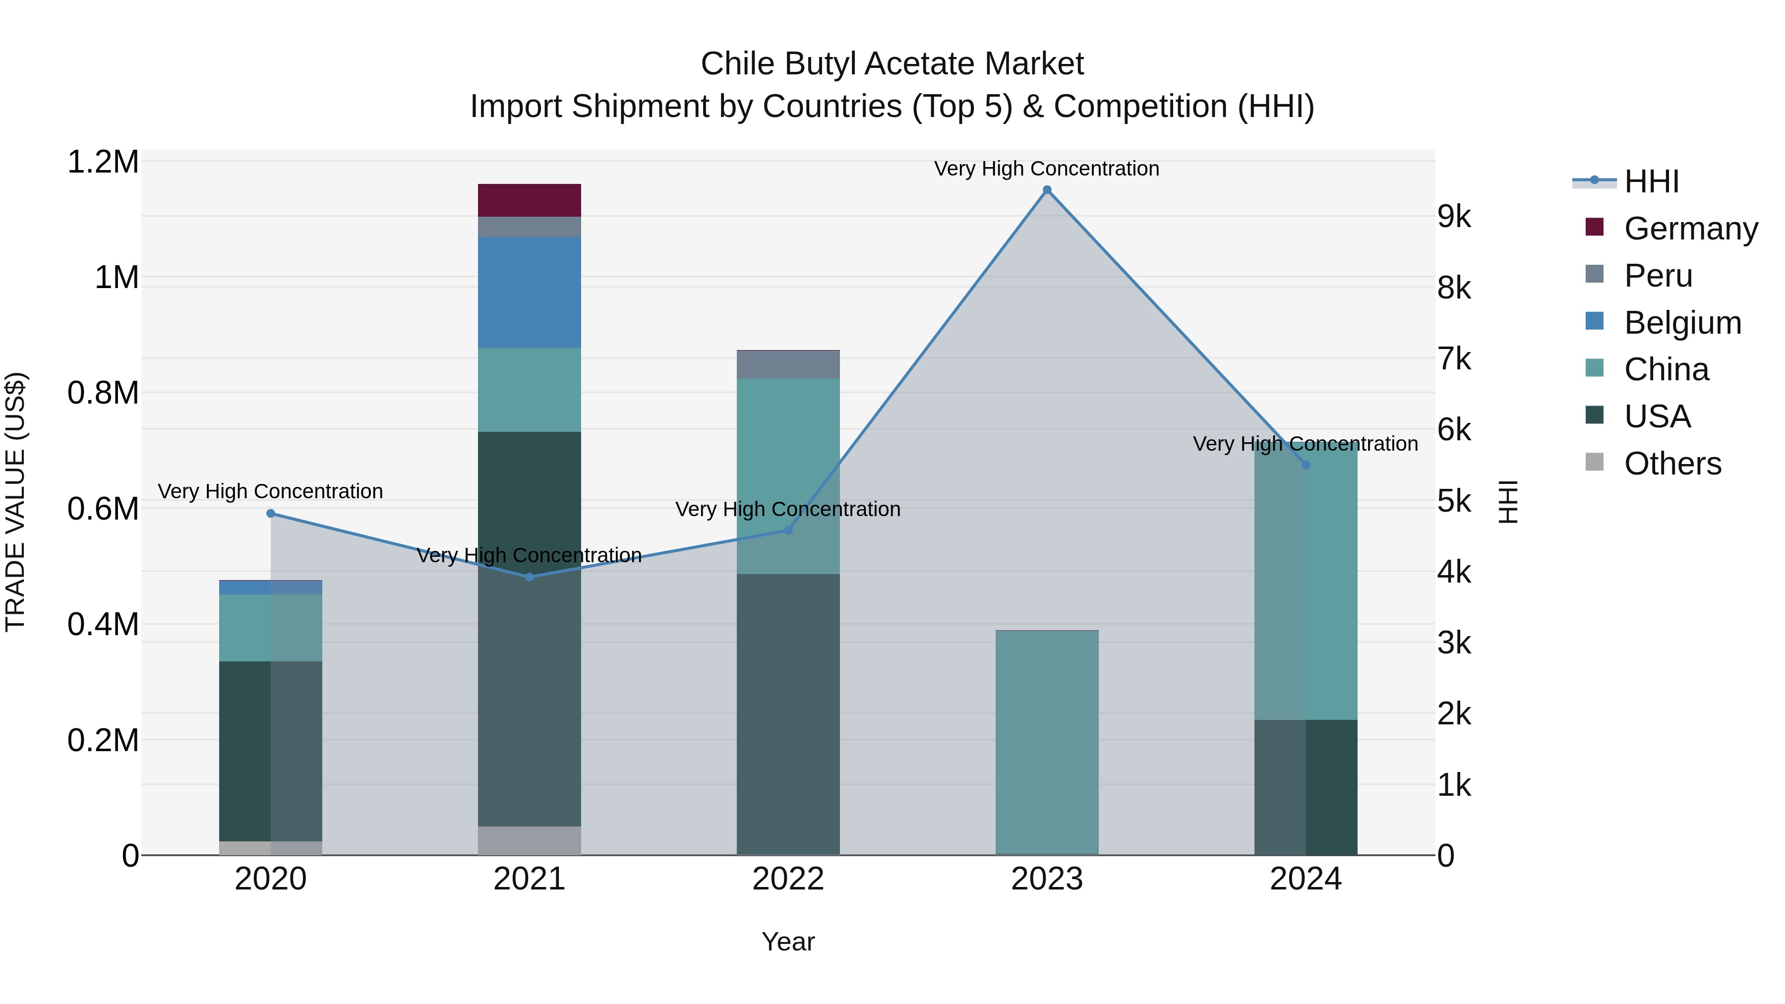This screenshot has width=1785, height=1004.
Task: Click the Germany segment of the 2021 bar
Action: tap(530, 200)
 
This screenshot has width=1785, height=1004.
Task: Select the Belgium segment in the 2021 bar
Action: tap(530, 293)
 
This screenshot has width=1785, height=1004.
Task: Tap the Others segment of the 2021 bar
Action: tap(530, 840)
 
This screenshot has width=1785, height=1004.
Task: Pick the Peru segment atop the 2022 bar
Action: tap(788, 364)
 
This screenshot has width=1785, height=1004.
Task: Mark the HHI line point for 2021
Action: tap(530, 577)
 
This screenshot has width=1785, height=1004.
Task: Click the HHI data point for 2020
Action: tap(271, 514)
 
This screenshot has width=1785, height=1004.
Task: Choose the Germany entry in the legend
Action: tap(1690, 229)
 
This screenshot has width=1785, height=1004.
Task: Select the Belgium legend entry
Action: tap(1682, 323)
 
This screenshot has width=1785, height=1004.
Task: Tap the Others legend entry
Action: tap(1672, 464)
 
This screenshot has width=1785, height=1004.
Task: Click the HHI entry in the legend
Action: tap(1651, 181)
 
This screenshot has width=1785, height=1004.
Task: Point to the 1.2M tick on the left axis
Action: tap(103, 162)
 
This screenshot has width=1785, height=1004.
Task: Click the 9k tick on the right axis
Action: tap(1454, 217)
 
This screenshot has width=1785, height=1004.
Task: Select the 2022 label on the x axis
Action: tap(788, 879)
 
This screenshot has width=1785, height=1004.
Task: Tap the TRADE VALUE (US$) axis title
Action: tap(15, 502)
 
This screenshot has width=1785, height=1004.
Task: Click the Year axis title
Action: tap(788, 942)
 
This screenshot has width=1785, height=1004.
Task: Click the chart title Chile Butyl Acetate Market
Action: tap(892, 64)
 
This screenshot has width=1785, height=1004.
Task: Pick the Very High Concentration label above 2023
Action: tap(1046, 169)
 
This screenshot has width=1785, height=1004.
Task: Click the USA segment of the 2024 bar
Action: tap(1306, 787)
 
